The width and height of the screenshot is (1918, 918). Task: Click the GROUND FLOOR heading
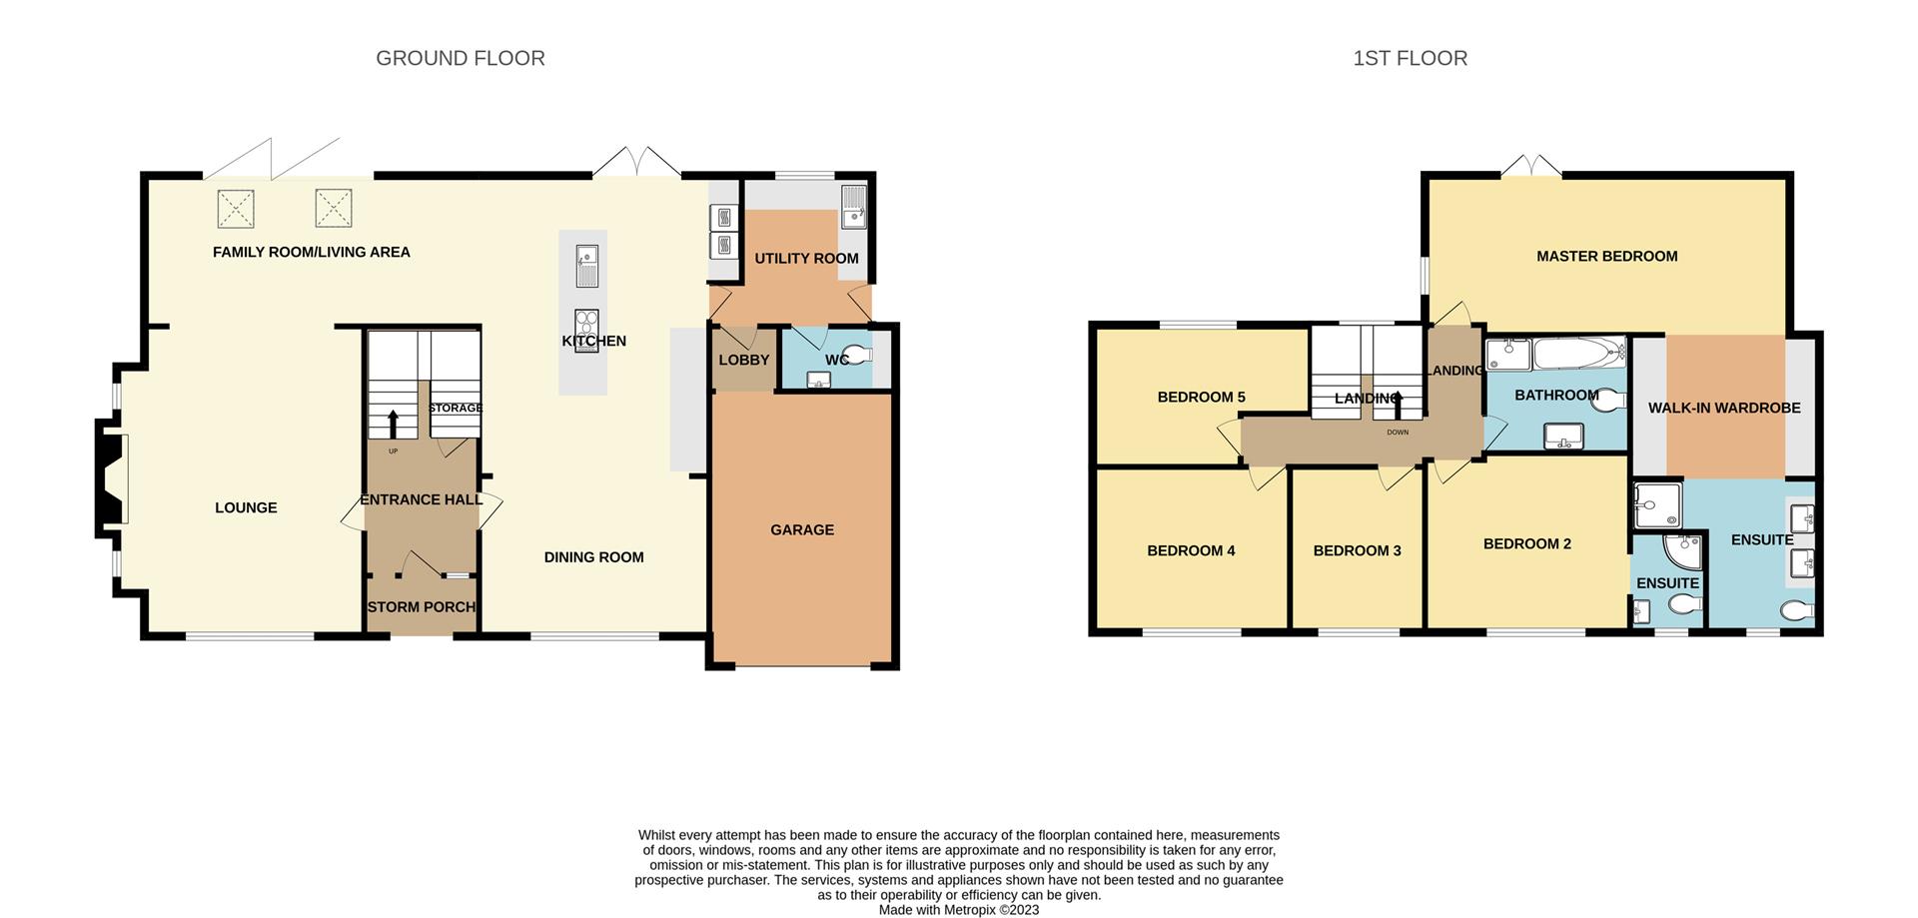[x=460, y=59]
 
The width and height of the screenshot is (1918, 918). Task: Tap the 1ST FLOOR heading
[x=1410, y=59]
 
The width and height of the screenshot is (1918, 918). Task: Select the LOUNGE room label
[x=246, y=507]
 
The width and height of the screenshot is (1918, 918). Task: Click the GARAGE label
[x=801, y=529]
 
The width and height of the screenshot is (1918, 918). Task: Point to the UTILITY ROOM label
[x=806, y=258]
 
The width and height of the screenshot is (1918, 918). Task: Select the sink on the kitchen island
[x=586, y=265]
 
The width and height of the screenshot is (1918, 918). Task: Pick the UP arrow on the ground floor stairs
[x=393, y=422]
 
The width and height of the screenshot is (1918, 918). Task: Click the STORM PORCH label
[x=422, y=606]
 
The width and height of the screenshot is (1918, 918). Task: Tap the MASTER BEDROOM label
[x=1606, y=256]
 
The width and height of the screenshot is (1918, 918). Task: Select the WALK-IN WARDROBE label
[x=1724, y=408]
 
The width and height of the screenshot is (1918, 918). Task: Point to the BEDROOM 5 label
[x=1201, y=397]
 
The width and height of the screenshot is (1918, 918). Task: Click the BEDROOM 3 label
[x=1357, y=550]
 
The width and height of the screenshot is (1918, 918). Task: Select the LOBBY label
[x=743, y=360]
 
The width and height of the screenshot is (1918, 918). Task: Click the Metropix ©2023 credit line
[x=958, y=910]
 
